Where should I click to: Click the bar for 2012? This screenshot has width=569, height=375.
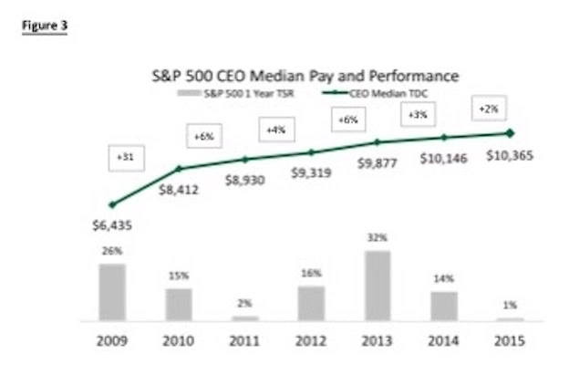click(x=311, y=303)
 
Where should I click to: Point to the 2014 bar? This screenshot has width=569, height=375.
click(x=444, y=306)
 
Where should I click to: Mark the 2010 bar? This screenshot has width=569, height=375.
click(x=178, y=305)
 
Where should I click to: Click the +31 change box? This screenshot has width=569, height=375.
click(x=121, y=157)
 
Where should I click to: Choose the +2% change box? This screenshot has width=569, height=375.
click(x=487, y=109)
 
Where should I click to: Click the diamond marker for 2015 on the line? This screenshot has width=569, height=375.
click(x=510, y=133)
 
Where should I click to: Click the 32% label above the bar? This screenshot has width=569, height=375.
click(x=378, y=237)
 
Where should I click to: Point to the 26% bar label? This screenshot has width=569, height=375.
click(x=111, y=251)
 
